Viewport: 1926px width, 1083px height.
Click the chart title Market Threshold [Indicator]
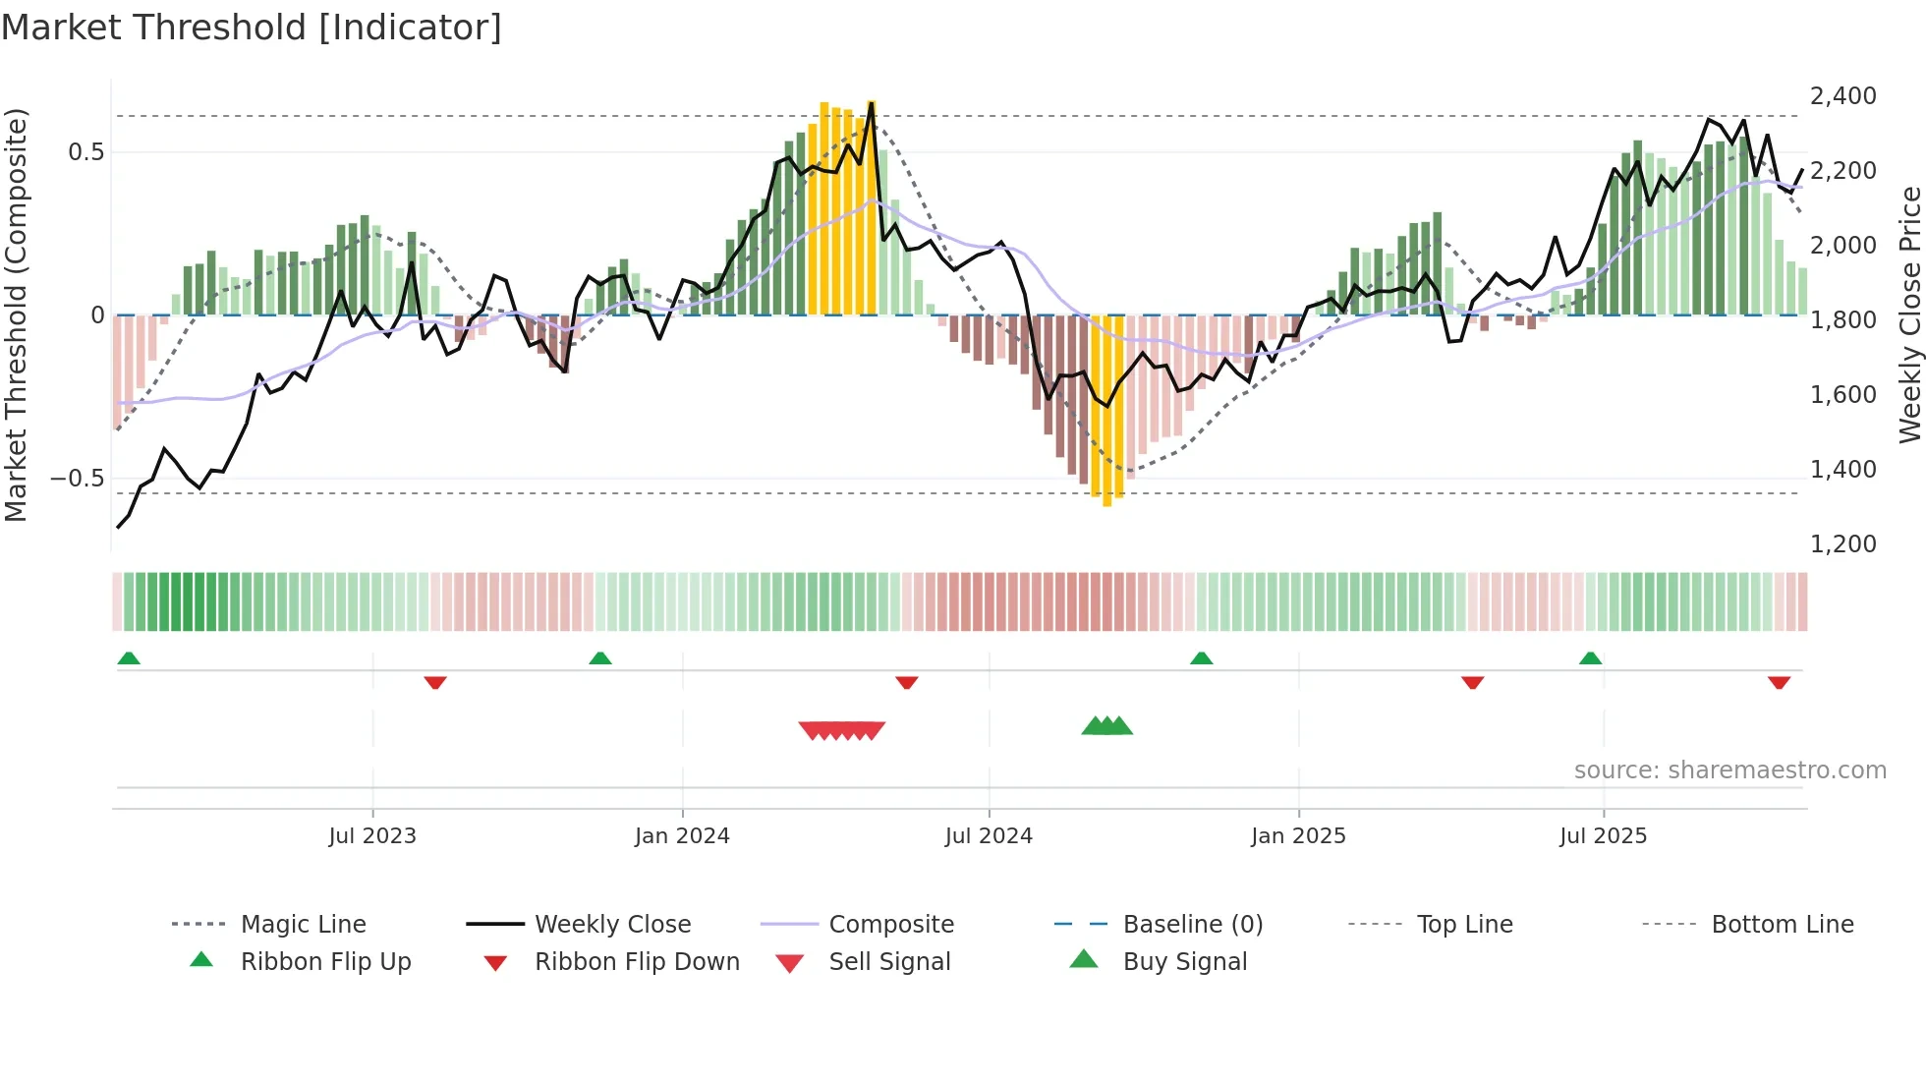252,28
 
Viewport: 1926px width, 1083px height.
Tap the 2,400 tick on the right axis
1842,96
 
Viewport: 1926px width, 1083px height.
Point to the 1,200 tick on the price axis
1842,544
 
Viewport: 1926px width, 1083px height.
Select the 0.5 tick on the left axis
85,152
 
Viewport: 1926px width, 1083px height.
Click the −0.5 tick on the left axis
78,479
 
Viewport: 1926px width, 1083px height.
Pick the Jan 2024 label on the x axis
682,836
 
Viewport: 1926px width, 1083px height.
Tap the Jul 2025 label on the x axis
1603,836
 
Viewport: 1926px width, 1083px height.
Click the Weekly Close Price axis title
1909,314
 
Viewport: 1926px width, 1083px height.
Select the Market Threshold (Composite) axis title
16,314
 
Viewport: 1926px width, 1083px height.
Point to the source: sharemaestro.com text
1729,770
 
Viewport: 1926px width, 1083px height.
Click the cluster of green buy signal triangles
1107,726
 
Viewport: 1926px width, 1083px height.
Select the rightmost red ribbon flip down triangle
1779,682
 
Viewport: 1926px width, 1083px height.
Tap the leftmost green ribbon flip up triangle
129,658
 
